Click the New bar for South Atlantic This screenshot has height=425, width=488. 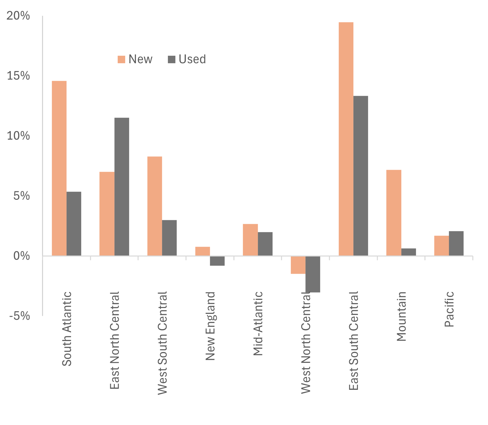pyautogui.click(x=59, y=168)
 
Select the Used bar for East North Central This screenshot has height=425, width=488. pyautogui.click(x=122, y=187)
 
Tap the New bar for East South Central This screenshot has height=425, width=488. pyautogui.click(x=346, y=139)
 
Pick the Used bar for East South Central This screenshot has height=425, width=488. pyautogui.click(x=361, y=176)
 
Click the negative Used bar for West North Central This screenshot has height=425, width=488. pyautogui.click(x=313, y=274)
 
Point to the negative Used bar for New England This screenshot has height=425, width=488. pyautogui.click(x=217, y=261)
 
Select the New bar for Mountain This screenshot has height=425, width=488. pyautogui.click(x=393, y=213)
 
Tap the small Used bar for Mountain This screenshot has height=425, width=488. pyautogui.click(x=408, y=252)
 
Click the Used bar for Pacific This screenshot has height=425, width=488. pyautogui.click(x=456, y=243)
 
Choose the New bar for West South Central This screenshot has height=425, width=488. pyautogui.click(x=155, y=206)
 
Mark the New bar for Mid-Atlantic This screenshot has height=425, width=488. pyautogui.click(x=250, y=240)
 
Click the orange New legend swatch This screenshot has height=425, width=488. pyautogui.click(x=122, y=59)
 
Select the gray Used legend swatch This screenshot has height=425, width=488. pyautogui.click(x=171, y=59)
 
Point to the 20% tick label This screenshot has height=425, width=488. pyautogui.click(x=18, y=16)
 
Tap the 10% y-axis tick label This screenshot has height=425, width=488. pyautogui.click(x=18, y=136)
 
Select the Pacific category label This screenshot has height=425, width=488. pyautogui.click(x=449, y=309)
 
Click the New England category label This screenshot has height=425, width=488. pyautogui.click(x=210, y=326)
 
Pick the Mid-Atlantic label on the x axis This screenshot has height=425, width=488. pyautogui.click(x=258, y=323)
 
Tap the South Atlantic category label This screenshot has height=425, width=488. pyautogui.click(x=67, y=329)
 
